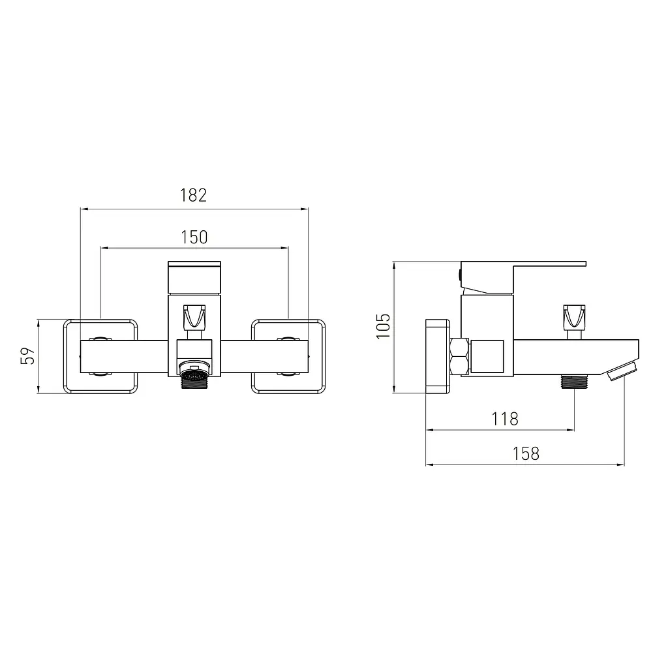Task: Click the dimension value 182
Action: tap(193, 195)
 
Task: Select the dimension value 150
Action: tap(194, 237)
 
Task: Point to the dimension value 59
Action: tap(27, 356)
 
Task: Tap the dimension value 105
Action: tap(384, 326)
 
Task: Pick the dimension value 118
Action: tap(506, 419)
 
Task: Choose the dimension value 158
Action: tap(526, 454)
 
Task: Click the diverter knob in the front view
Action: tap(194, 317)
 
